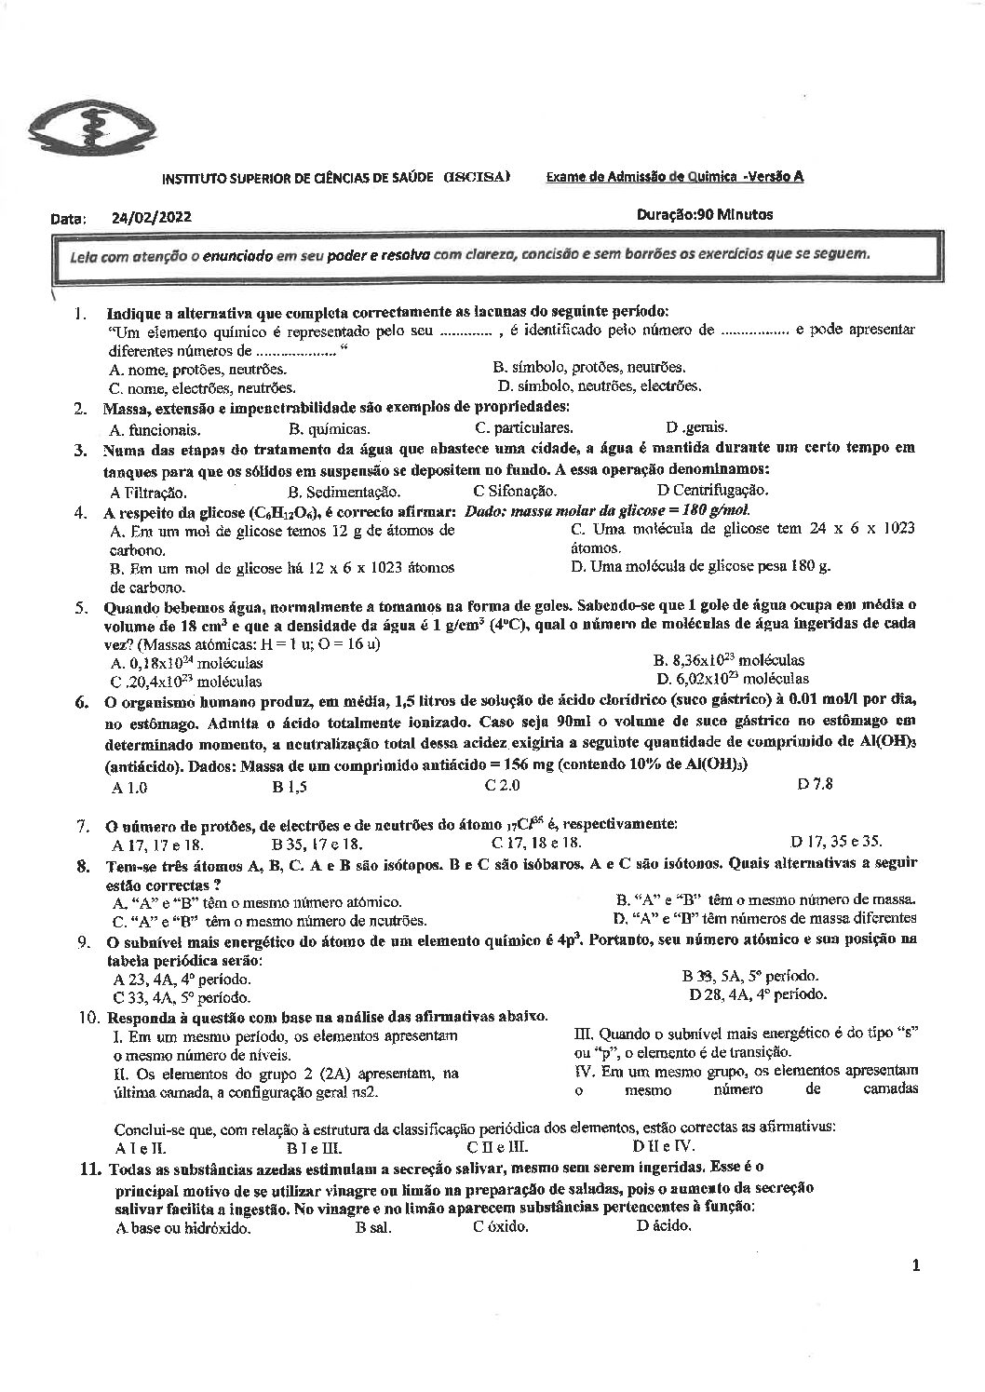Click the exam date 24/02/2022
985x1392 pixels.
click(151, 217)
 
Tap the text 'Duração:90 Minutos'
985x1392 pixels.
click(705, 214)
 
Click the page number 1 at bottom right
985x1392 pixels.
click(917, 1264)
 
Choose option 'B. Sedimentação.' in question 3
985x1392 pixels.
click(344, 492)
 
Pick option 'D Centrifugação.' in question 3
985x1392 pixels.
click(712, 490)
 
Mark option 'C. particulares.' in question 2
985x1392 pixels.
click(523, 428)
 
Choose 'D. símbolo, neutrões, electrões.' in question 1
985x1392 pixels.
click(600, 385)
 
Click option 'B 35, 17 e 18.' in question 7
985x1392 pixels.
click(317, 844)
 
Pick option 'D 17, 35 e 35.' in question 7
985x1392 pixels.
click(835, 841)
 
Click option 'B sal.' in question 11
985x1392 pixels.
click(372, 1226)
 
